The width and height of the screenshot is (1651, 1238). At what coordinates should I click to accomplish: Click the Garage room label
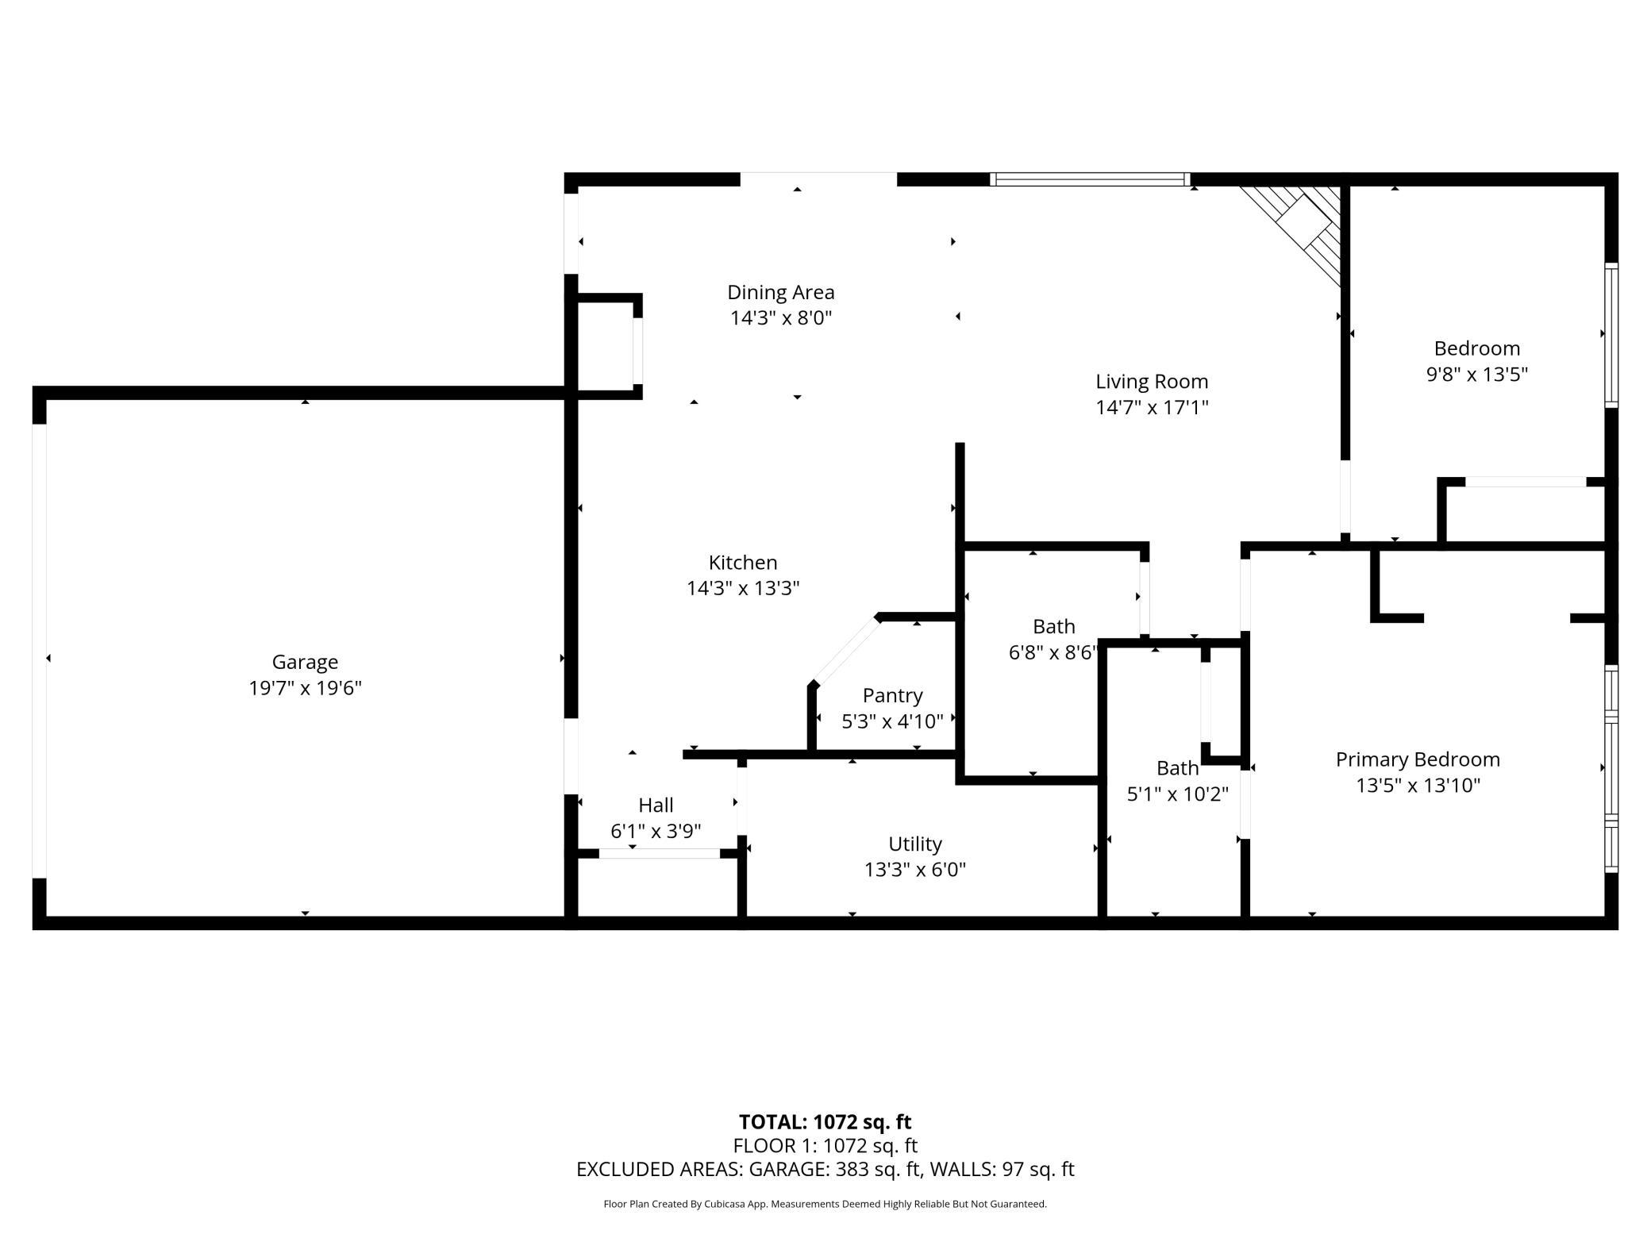pyautogui.click(x=305, y=662)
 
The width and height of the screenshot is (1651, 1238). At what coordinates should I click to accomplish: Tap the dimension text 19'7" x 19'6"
pyautogui.click(x=305, y=688)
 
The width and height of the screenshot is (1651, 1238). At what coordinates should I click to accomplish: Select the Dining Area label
pyautogui.click(x=780, y=292)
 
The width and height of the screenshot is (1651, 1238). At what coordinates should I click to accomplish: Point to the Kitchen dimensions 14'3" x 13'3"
pyautogui.click(x=742, y=588)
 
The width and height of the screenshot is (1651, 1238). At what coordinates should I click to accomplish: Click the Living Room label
pyautogui.click(x=1151, y=382)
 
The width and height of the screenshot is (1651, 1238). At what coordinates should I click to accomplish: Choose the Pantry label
pyautogui.click(x=892, y=695)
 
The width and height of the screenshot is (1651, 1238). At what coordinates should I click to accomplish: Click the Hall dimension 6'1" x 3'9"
pyautogui.click(x=656, y=831)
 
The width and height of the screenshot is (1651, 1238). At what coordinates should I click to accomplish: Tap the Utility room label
pyautogui.click(x=914, y=844)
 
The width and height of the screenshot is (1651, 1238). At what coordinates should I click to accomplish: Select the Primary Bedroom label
pyautogui.click(x=1417, y=759)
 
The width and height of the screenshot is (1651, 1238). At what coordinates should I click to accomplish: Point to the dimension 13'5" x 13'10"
pyautogui.click(x=1418, y=786)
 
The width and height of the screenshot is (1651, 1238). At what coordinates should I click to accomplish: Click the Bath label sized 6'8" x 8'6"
pyautogui.click(x=1053, y=627)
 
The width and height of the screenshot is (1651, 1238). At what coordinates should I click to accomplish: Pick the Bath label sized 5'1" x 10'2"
pyautogui.click(x=1177, y=768)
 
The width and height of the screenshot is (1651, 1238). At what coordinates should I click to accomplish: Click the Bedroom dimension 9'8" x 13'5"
pyautogui.click(x=1476, y=375)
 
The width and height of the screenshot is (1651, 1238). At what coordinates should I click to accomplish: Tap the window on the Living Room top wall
pyautogui.click(x=1091, y=179)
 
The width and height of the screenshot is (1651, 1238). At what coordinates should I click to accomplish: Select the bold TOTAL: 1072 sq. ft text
pyautogui.click(x=825, y=1121)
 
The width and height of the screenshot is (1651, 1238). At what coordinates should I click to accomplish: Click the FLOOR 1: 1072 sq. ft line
pyautogui.click(x=825, y=1145)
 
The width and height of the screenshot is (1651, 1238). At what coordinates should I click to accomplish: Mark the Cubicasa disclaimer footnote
pyautogui.click(x=825, y=1204)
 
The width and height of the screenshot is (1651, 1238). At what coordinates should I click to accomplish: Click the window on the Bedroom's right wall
pyautogui.click(x=1611, y=335)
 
